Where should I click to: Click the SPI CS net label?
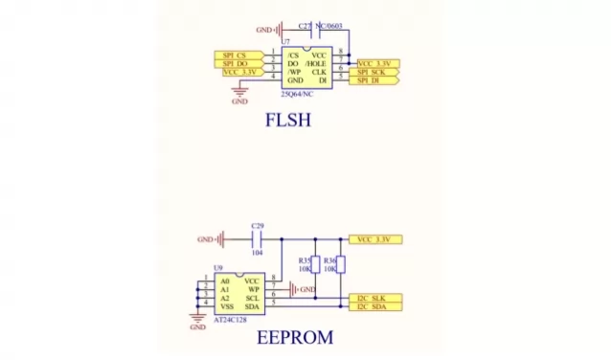pos(237,55)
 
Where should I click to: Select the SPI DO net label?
pos(237,63)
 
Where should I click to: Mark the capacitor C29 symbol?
pos(257,238)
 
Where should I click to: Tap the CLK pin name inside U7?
pos(320,72)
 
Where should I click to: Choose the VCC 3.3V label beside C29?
pos(376,238)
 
